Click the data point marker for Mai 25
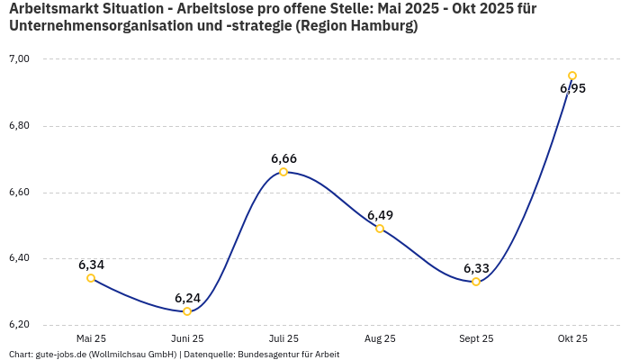tap(91, 278)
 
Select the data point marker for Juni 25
tap(187, 311)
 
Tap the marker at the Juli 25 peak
tap(283, 172)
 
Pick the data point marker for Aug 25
tap(380, 229)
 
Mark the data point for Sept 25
tap(476, 282)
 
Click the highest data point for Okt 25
tap(572, 76)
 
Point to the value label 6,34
tap(91, 265)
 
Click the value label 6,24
tap(187, 298)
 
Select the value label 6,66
tap(283, 158)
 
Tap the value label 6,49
tap(380, 215)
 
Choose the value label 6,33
tap(476, 268)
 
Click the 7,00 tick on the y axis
tap(19, 59)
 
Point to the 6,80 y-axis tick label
tap(19, 126)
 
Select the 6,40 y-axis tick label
tap(19, 258)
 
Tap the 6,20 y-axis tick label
tap(19, 325)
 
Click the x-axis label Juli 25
tap(283, 338)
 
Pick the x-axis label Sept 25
tap(476, 338)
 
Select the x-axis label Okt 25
tap(572, 338)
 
